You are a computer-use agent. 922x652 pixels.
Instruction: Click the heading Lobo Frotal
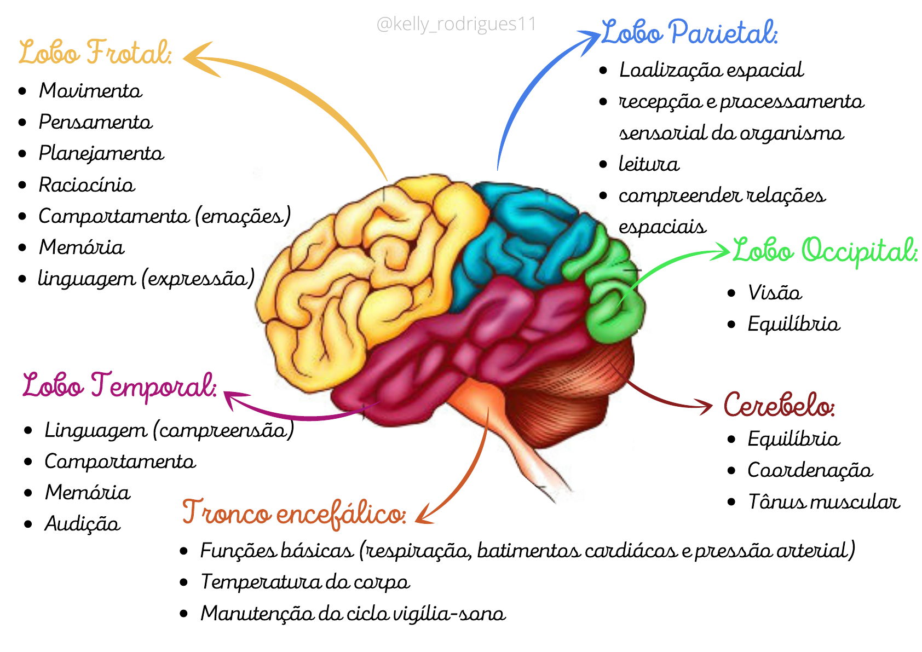(x=95, y=53)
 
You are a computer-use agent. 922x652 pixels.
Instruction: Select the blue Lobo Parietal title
(x=689, y=32)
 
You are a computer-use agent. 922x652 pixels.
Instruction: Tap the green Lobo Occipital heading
(x=825, y=251)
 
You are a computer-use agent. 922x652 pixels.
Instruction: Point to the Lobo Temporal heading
(x=119, y=385)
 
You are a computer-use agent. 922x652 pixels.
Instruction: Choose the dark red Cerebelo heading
(x=779, y=405)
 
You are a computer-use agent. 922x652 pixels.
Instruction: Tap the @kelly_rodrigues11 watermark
(x=456, y=24)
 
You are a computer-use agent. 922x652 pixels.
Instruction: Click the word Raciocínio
(x=87, y=185)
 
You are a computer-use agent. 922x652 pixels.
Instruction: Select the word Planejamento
(x=101, y=153)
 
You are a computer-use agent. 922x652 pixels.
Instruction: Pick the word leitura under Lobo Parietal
(x=649, y=164)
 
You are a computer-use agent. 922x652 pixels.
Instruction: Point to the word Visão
(x=775, y=293)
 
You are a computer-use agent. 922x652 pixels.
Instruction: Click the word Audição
(x=82, y=524)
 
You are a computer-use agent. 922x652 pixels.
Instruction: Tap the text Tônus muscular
(x=823, y=501)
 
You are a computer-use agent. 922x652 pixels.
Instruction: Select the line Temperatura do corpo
(x=305, y=582)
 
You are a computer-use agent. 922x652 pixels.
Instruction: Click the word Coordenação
(x=810, y=470)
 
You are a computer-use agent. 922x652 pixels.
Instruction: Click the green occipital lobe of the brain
(x=613, y=307)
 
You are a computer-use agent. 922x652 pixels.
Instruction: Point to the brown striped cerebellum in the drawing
(x=564, y=394)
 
